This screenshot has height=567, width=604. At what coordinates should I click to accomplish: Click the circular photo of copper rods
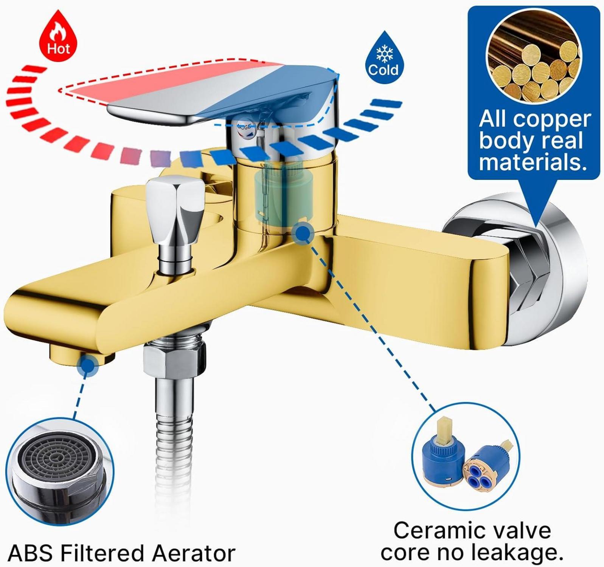coord(534,57)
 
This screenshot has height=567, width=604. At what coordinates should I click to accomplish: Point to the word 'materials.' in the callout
coord(533,163)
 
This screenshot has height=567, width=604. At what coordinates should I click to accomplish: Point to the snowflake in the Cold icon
coord(384,54)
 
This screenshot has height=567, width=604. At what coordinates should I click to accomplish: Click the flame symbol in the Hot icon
coord(59,32)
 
